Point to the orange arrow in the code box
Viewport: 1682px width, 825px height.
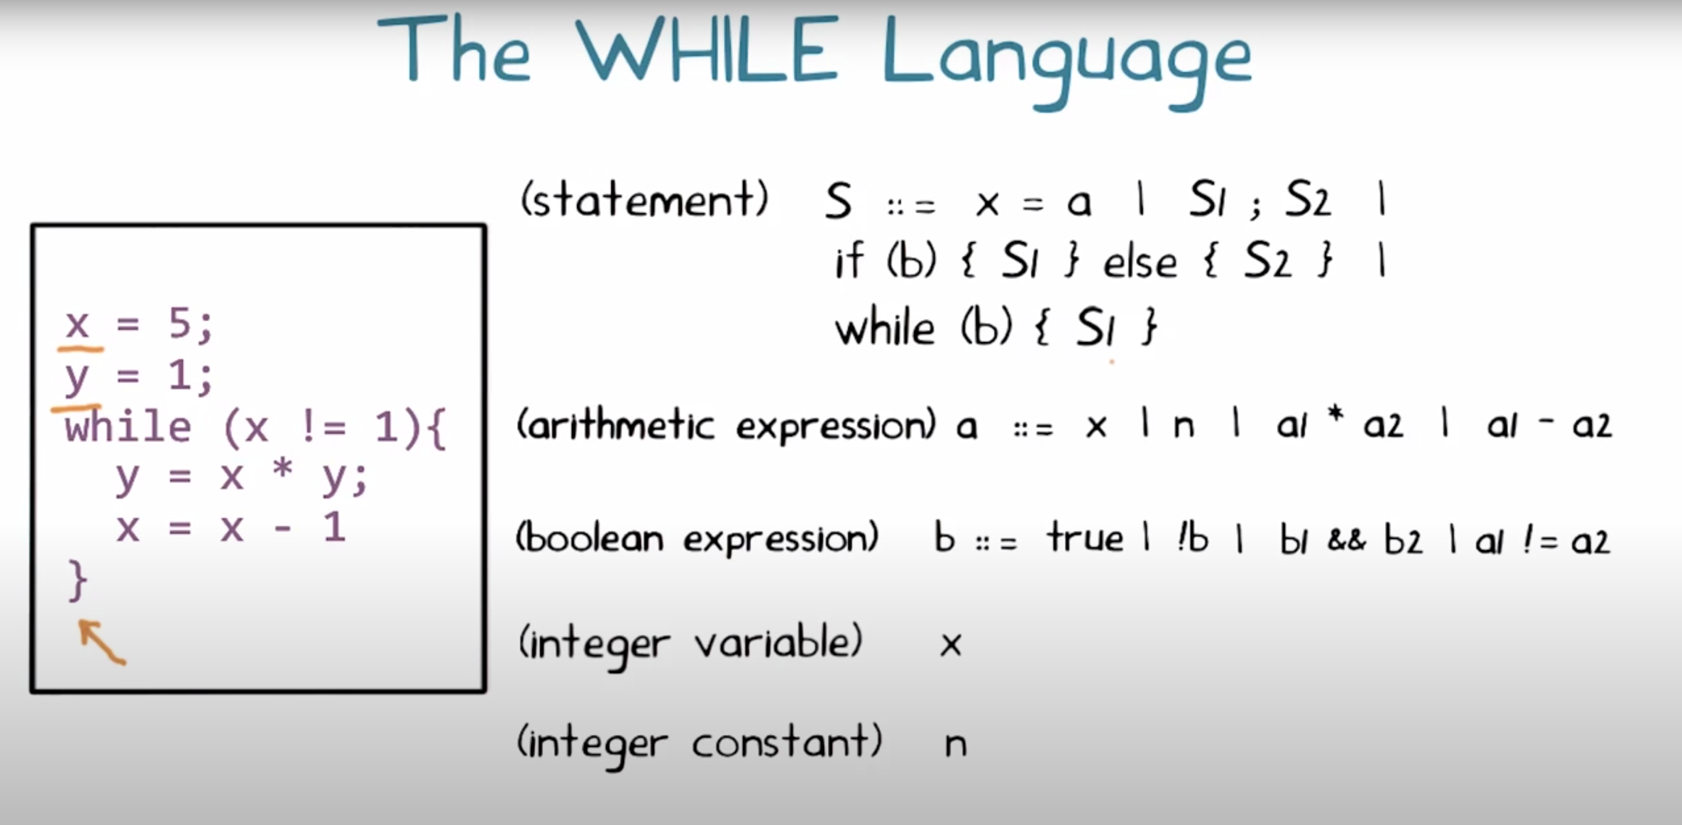point(102,642)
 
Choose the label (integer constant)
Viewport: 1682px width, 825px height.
point(699,744)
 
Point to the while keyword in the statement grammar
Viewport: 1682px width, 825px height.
point(885,328)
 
